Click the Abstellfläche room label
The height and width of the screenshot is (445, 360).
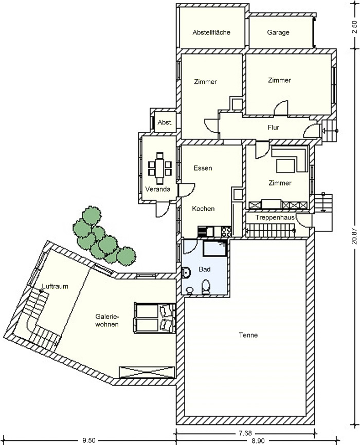tap(211, 32)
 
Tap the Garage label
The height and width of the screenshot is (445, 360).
tap(278, 32)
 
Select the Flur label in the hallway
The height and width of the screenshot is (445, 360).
tap(273, 127)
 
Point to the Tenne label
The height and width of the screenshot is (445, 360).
tap(248, 335)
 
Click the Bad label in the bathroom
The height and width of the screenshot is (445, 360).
tap(205, 269)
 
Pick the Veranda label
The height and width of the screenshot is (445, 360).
tap(158, 189)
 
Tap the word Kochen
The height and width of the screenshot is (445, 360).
tap(203, 209)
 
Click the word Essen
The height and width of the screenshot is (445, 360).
tap(203, 168)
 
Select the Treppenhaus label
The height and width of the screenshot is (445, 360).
tap(275, 218)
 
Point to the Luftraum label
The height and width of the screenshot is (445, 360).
tap(55, 286)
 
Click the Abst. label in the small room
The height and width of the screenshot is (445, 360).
tap(165, 122)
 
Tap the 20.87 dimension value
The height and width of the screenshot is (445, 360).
tap(354, 236)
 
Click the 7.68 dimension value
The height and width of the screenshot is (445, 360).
tap(245, 433)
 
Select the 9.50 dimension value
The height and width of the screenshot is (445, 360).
tap(89, 440)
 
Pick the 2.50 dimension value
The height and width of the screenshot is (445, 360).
tap(354, 27)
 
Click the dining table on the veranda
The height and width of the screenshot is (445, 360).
tap(159, 169)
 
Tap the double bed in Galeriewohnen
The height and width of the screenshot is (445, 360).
tap(155, 318)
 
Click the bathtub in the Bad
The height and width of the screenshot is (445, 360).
tap(215, 248)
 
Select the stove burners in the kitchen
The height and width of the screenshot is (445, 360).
tap(226, 231)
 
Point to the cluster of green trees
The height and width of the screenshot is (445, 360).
tap(103, 237)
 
